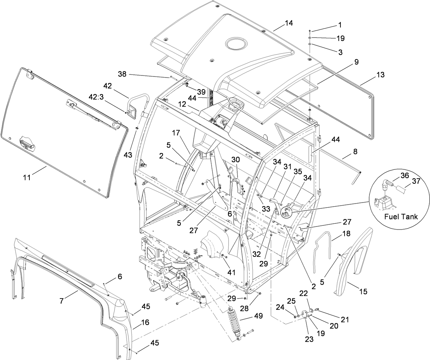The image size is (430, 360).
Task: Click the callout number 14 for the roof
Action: click(x=289, y=23)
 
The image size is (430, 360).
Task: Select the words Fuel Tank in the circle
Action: click(x=401, y=217)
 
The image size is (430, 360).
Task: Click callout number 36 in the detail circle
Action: click(x=405, y=176)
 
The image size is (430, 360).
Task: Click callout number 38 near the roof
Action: click(x=122, y=73)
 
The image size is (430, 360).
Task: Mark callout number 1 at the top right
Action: click(x=340, y=25)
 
